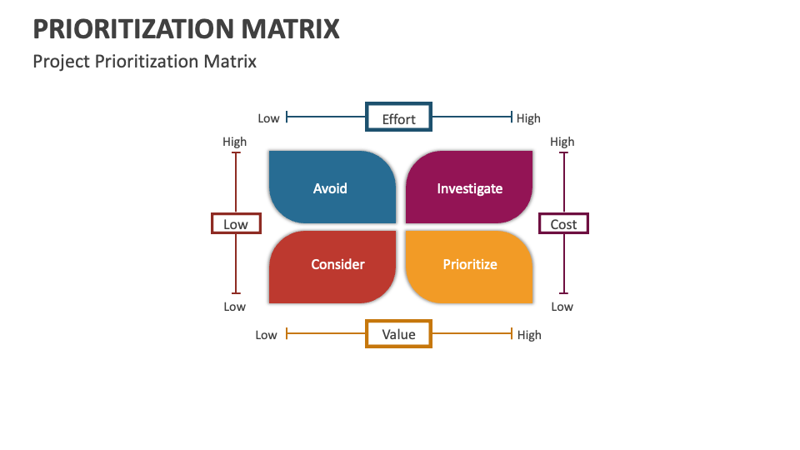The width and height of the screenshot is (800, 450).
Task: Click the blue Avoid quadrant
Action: (332, 187)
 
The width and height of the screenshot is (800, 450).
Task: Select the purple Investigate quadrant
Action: (469, 187)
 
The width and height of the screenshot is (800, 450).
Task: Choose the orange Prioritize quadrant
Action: (469, 266)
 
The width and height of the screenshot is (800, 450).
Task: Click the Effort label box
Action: (398, 117)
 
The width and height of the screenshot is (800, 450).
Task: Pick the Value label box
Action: (398, 333)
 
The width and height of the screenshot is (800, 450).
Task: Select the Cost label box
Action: (563, 223)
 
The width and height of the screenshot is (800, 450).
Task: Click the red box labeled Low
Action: (236, 223)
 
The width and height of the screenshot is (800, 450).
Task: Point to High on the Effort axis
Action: (528, 118)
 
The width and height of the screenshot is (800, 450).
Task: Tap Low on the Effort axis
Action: (268, 118)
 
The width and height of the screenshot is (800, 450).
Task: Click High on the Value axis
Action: (528, 335)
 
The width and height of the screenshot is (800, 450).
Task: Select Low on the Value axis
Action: (266, 335)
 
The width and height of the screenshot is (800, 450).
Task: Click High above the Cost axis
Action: (562, 142)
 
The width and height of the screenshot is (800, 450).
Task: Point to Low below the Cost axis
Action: (562, 307)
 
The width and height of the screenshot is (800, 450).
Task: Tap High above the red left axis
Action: (235, 142)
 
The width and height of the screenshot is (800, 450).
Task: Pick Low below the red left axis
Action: (235, 307)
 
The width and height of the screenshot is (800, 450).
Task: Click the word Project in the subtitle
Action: (58, 61)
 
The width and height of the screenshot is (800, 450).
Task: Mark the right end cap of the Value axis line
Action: (511, 333)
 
